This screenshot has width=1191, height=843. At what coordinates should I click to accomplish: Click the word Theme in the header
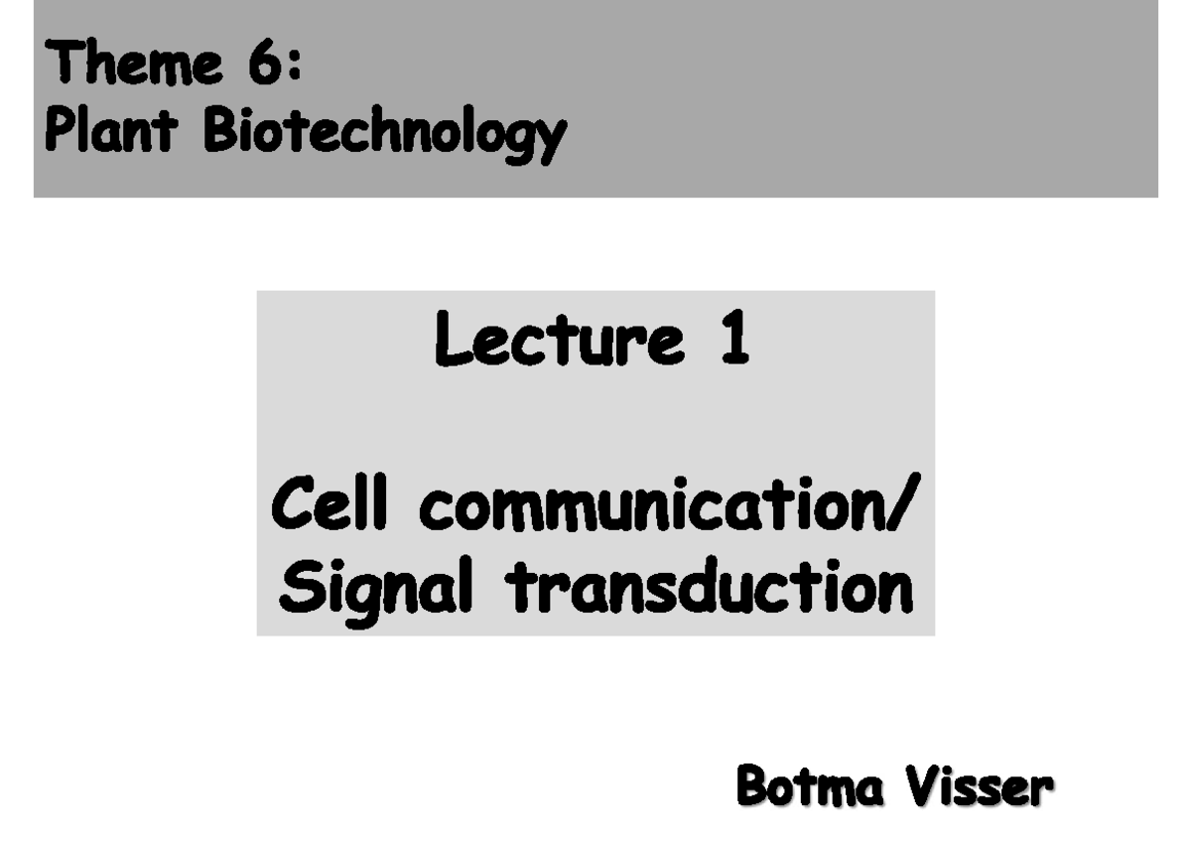[134, 65]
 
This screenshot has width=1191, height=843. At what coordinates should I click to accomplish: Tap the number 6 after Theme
[263, 65]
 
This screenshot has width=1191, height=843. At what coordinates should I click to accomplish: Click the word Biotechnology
[385, 133]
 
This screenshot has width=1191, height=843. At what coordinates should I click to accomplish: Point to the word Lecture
[559, 339]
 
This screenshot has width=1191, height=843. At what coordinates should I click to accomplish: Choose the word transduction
[710, 586]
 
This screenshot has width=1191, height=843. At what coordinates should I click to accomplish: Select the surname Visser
[978, 787]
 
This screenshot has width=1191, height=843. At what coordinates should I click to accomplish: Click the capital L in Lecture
[452, 339]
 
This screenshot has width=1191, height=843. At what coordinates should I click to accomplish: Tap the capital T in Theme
[61, 65]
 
